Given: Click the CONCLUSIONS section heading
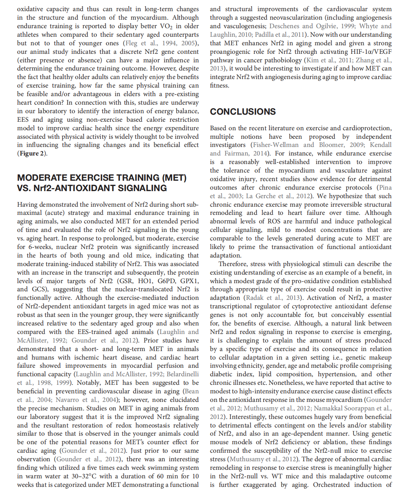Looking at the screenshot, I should [x=243, y=112].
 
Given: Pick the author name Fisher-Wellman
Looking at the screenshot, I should [x=276, y=145].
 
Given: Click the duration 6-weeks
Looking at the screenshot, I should [x=38, y=247].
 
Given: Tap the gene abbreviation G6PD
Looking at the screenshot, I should [x=165, y=281].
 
